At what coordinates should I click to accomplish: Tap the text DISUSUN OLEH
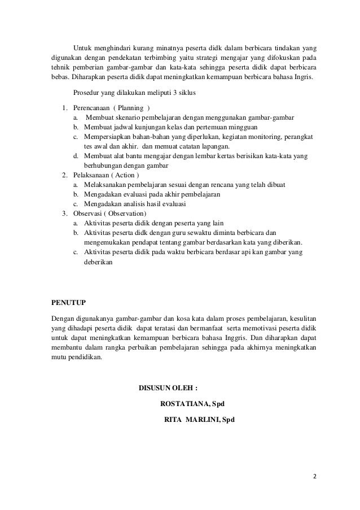click(x=168, y=388)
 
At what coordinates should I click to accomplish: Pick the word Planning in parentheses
click(x=129, y=108)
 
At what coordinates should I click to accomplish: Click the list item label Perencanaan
click(x=90, y=108)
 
